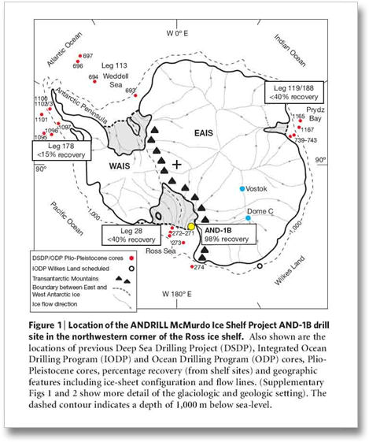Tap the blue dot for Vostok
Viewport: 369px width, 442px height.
point(243,188)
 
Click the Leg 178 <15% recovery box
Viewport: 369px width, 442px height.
point(65,149)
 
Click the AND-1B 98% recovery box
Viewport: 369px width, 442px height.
point(226,233)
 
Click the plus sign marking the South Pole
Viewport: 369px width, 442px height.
point(177,164)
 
